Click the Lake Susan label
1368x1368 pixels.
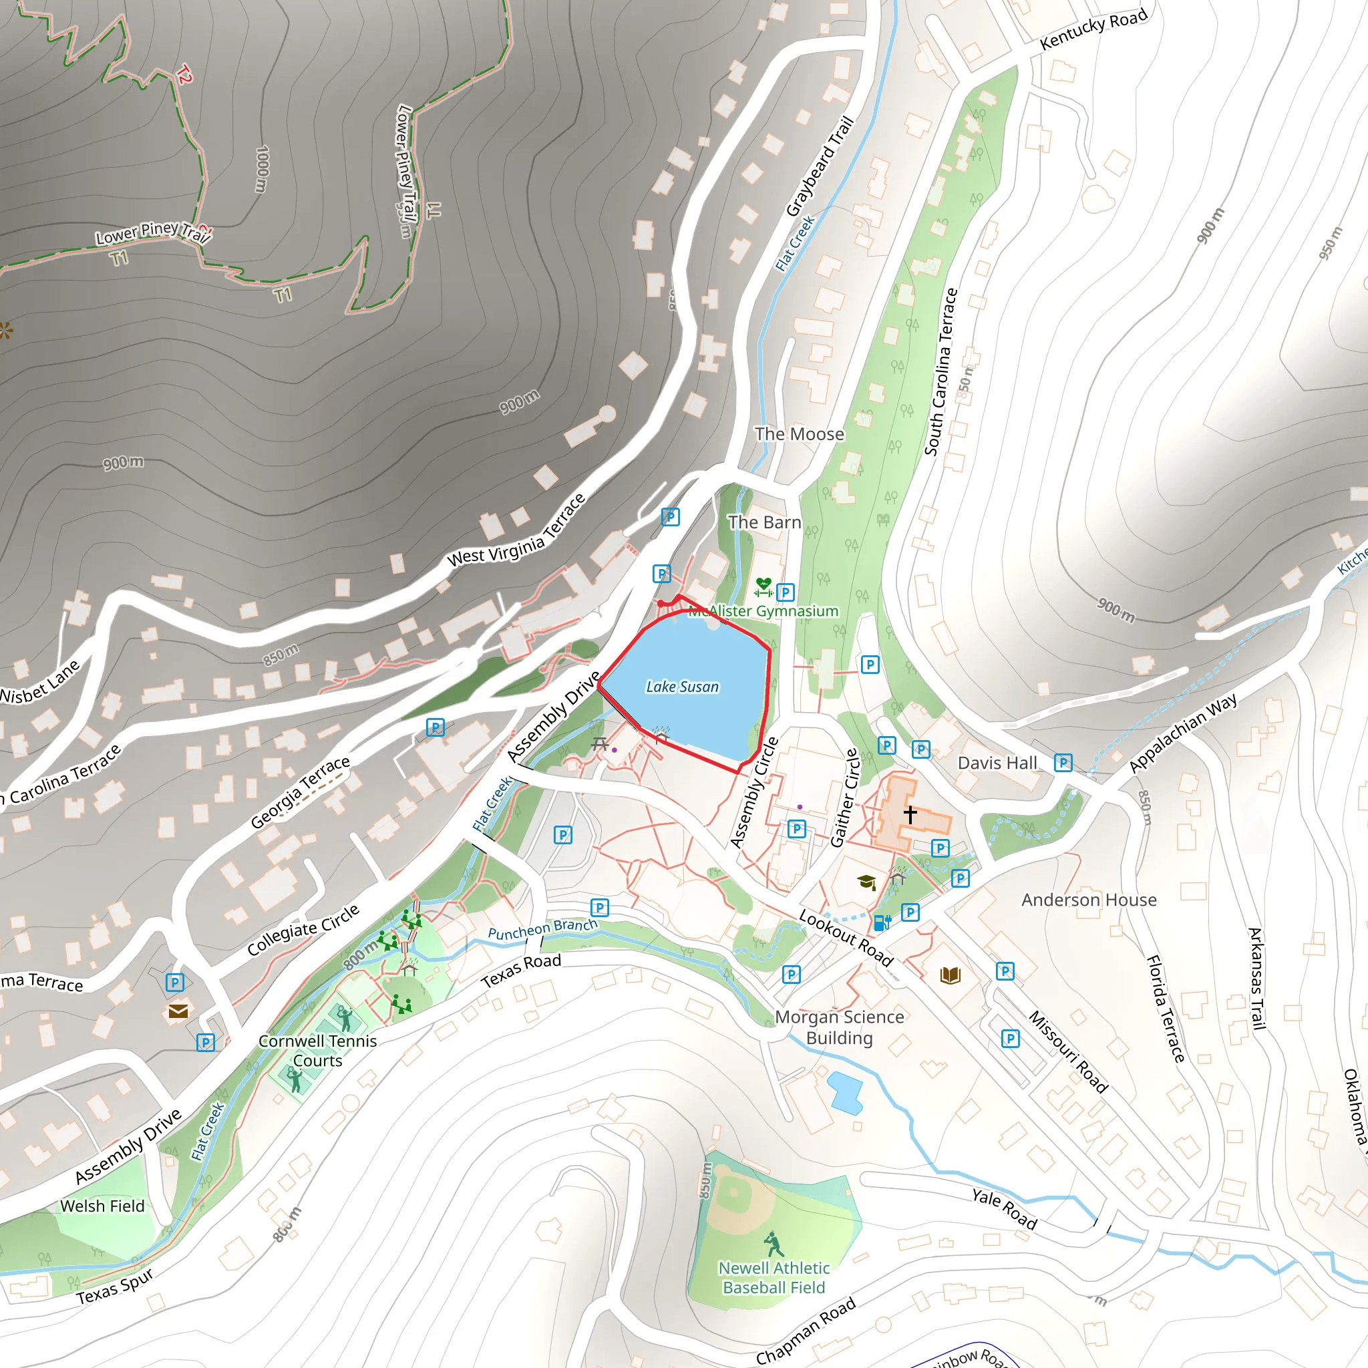[682, 686]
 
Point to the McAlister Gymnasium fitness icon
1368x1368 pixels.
[763, 587]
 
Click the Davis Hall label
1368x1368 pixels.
[997, 763]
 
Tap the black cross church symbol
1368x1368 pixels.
[910, 814]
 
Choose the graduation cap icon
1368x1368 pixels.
[866, 882]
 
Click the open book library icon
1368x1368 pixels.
[951, 976]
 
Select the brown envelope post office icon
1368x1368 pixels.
[178, 1011]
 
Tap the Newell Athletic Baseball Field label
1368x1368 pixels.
[774, 1277]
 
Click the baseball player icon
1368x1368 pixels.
[774, 1244]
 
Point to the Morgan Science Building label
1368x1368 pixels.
[839, 1027]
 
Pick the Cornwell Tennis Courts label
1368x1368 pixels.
[317, 1050]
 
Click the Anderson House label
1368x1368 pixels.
[1088, 899]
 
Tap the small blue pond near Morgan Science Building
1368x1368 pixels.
[844, 1092]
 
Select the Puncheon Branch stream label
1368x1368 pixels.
[542, 929]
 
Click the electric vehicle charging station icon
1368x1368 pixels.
[882, 922]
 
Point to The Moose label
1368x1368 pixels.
[800, 434]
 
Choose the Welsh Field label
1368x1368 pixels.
[102, 1206]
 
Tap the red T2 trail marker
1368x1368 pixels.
[184, 73]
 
